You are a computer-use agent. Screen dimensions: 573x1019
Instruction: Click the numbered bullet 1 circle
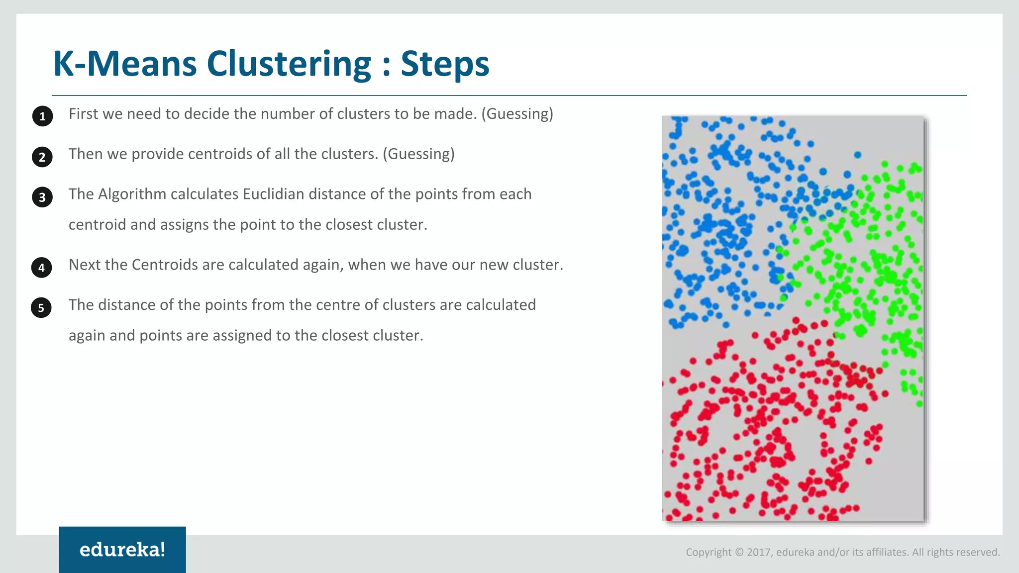pyautogui.click(x=42, y=116)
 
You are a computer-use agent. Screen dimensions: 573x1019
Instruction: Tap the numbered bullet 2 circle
pyautogui.click(x=42, y=157)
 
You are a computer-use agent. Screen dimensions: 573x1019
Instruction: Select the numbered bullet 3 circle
pyautogui.click(x=42, y=197)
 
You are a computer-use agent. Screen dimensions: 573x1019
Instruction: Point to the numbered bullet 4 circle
pyautogui.click(x=42, y=268)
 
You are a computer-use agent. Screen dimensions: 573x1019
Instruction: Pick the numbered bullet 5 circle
pyautogui.click(x=41, y=308)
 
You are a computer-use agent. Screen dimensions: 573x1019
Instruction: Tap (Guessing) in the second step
pyautogui.click(x=418, y=154)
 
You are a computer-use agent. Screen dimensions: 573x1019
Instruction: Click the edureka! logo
pyautogui.click(x=122, y=550)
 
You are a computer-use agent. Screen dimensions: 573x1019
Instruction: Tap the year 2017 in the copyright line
pyautogui.click(x=758, y=552)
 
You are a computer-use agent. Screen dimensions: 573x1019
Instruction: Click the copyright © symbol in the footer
pyautogui.click(x=739, y=552)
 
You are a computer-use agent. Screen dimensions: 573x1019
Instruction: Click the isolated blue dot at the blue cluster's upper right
pyautogui.click(x=857, y=155)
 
